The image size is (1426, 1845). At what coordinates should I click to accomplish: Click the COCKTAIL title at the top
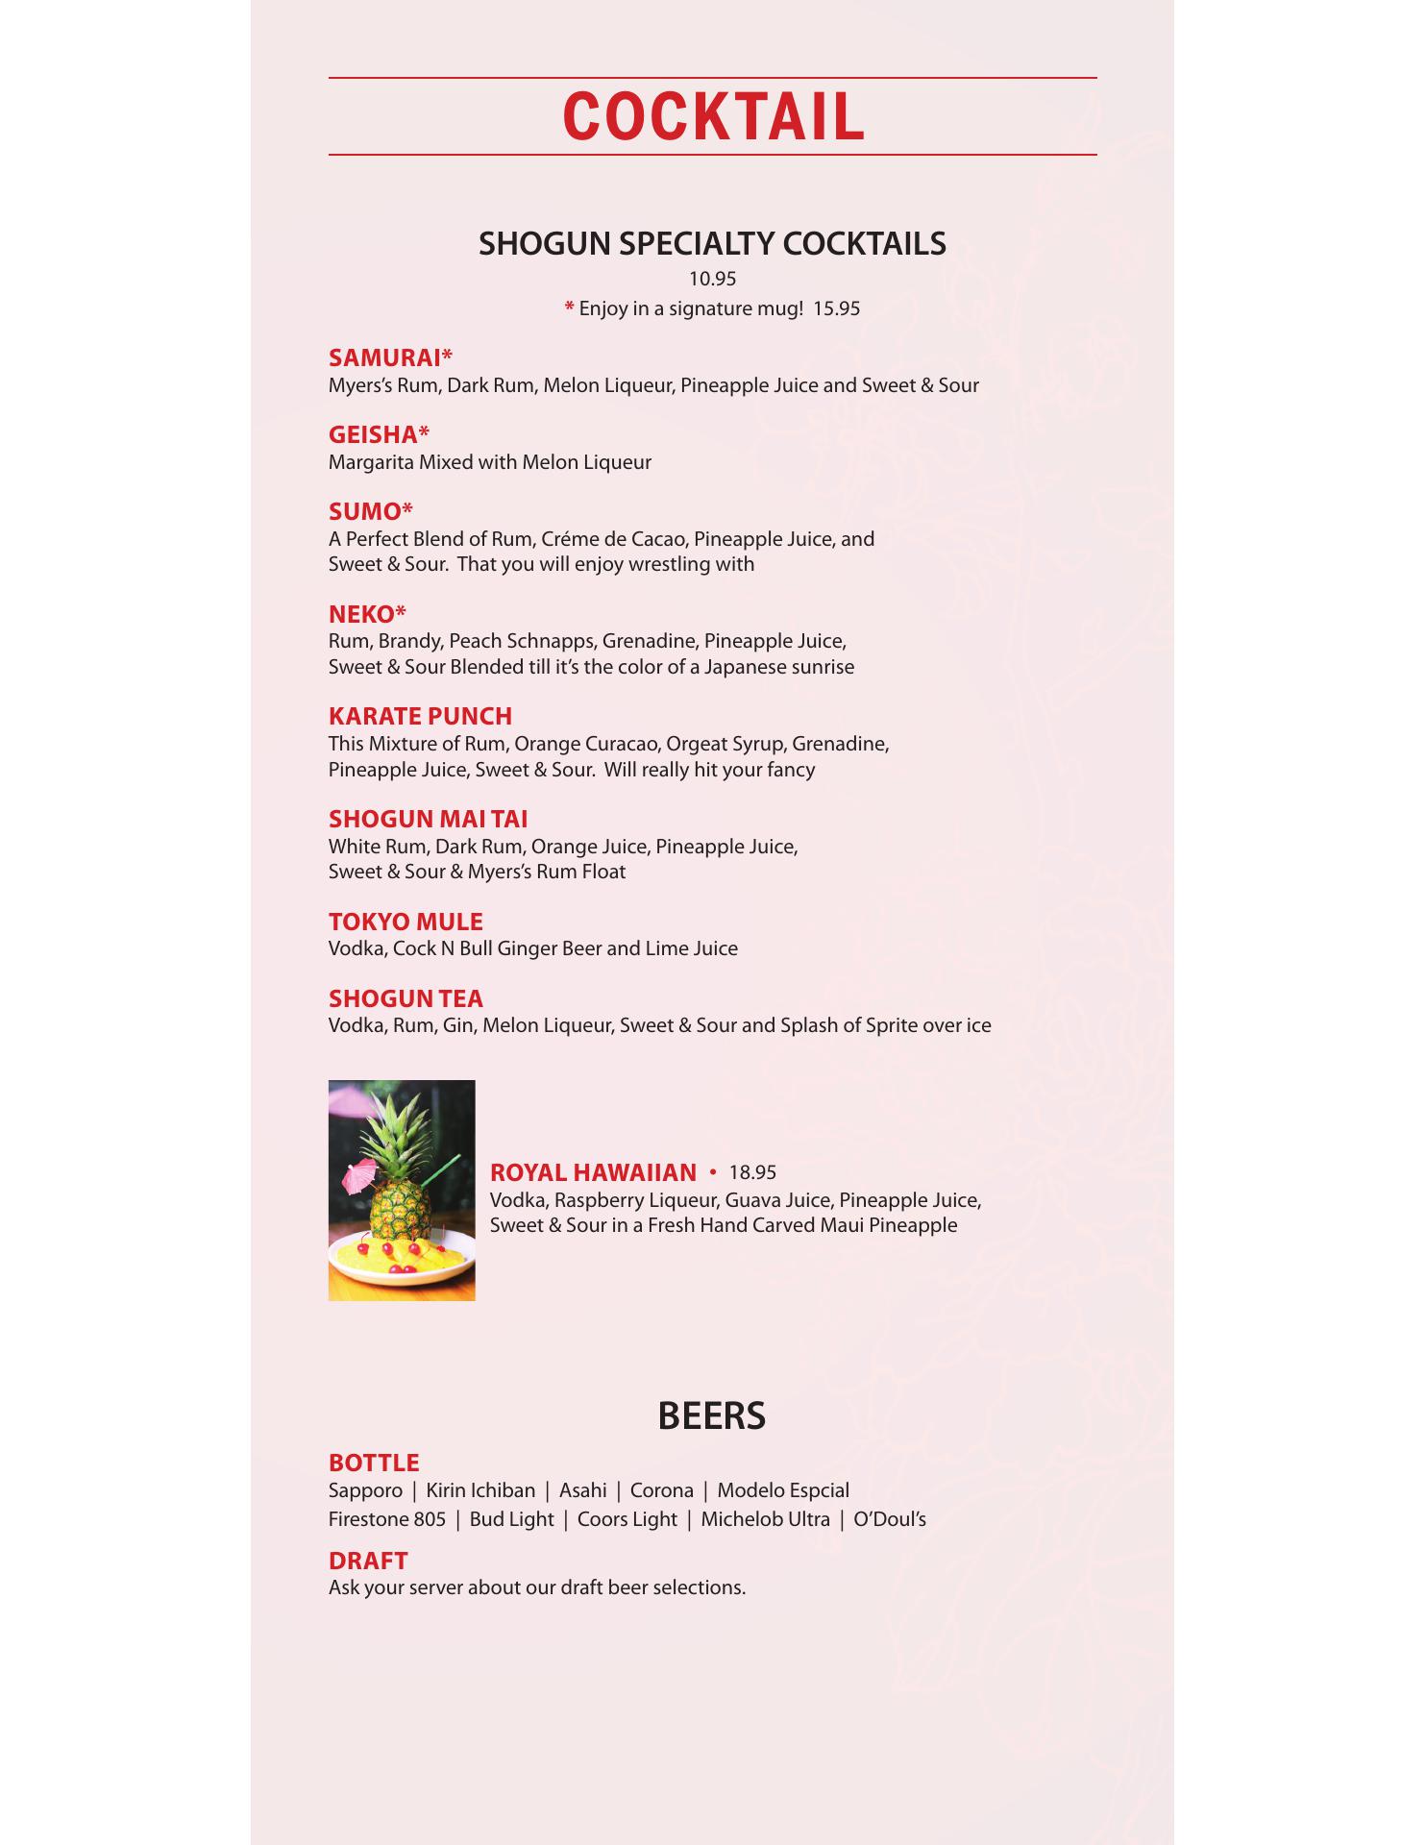tap(713, 117)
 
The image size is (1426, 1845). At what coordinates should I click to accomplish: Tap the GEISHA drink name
tap(376, 434)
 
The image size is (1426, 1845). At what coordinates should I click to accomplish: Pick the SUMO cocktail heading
tap(367, 511)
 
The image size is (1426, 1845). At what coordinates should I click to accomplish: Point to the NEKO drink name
tap(364, 614)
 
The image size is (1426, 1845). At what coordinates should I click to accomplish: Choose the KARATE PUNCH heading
tap(420, 716)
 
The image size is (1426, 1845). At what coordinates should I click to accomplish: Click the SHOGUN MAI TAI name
tap(428, 819)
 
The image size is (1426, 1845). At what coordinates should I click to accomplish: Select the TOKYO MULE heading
tap(406, 922)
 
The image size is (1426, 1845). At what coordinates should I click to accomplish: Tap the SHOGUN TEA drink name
tap(406, 998)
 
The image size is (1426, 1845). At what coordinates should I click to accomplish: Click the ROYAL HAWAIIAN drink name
tap(593, 1172)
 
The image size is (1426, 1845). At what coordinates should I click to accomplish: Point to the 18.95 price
tap(752, 1172)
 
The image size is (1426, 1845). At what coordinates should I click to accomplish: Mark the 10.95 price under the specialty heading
tap(712, 279)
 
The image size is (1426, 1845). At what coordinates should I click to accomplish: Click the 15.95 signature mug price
tap(836, 308)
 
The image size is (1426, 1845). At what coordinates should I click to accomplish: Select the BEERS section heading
tap(711, 1415)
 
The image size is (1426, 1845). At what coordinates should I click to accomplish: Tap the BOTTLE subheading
tap(374, 1463)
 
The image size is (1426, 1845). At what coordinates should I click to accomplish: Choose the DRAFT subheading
tap(368, 1561)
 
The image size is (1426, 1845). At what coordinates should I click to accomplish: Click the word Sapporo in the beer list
tap(365, 1490)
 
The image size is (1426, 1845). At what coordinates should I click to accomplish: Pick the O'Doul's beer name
tap(890, 1519)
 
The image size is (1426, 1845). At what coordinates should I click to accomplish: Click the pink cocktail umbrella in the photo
tap(360, 1172)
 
